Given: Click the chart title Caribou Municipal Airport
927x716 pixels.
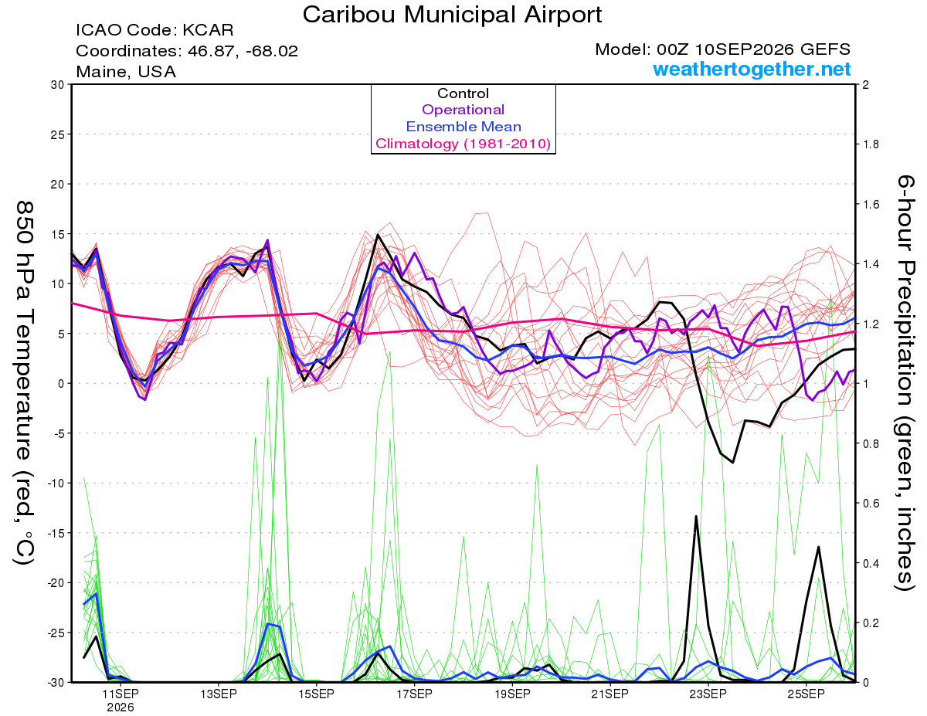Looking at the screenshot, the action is pyautogui.click(x=452, y=15).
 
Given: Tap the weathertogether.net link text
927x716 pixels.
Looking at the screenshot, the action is pyautogui.click(x=752, y=70).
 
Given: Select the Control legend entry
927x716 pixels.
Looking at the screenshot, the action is pyautogui.click(x=463, y=93).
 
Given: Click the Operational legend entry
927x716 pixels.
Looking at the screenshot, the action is pyautogui.click(x=463, y=110).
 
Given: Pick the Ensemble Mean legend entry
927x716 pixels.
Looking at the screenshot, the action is pyautogui.click(x=463, y=127).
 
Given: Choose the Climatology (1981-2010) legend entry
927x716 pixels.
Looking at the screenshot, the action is pyautogui.click(x=463, y=144).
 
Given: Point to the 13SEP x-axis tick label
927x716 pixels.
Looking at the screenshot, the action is pyautogui.click(x=219, y=694).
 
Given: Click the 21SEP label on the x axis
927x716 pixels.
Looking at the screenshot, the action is pyautogui.click(x=610, y=694).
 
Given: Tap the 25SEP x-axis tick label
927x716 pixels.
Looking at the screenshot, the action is pyautogui.click(x=806, y=694).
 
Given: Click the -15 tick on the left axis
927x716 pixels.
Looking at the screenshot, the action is pyautogui.click(x=56, y=533).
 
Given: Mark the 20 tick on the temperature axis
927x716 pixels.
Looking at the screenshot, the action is pyautogui.click(x=58, y=185).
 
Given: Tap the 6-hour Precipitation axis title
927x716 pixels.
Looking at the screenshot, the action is pyautogui.click(x=905, y=382).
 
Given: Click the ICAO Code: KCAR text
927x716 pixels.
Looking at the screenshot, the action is pyautogui.click(x=154, y=30).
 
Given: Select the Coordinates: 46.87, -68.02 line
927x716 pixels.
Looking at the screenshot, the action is pyautogui.click(x=187, y=51).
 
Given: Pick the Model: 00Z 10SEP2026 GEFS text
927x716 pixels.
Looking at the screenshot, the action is pyautogui.click(x=722, y=49).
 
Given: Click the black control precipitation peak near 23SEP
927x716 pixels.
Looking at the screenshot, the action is pyautogui.click(x=696, y=517).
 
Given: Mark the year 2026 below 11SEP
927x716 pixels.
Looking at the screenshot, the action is pyautogui.click(x=121, y=708).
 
